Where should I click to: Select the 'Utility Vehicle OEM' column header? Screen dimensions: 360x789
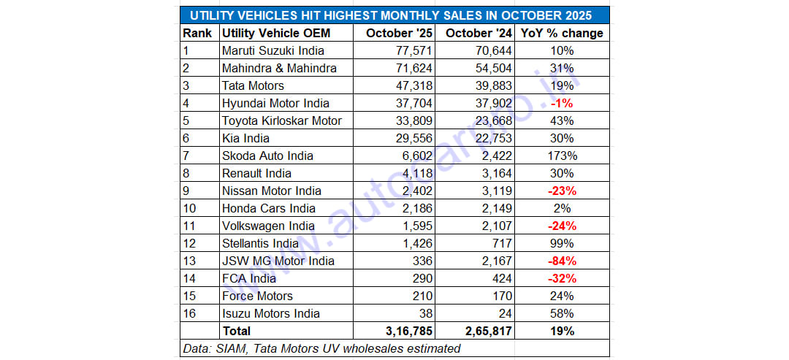275,33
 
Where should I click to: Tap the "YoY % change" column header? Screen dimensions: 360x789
561,33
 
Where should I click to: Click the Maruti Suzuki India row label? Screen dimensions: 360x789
272,50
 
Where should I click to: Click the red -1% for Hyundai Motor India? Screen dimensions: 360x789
562,103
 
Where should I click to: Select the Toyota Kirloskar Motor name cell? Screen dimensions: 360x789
281,120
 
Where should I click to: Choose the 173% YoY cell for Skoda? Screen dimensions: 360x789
562,156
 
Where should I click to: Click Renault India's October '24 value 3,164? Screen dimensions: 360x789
492,173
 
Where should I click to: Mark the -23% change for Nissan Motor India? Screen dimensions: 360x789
562,191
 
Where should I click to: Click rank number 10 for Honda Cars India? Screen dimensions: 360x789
190,208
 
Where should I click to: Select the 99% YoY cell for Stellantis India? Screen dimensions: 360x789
562,243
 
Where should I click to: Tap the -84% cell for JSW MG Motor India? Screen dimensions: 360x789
562,261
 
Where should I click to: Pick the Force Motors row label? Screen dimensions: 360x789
257,296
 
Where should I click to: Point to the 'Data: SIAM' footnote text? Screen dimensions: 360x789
321,348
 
